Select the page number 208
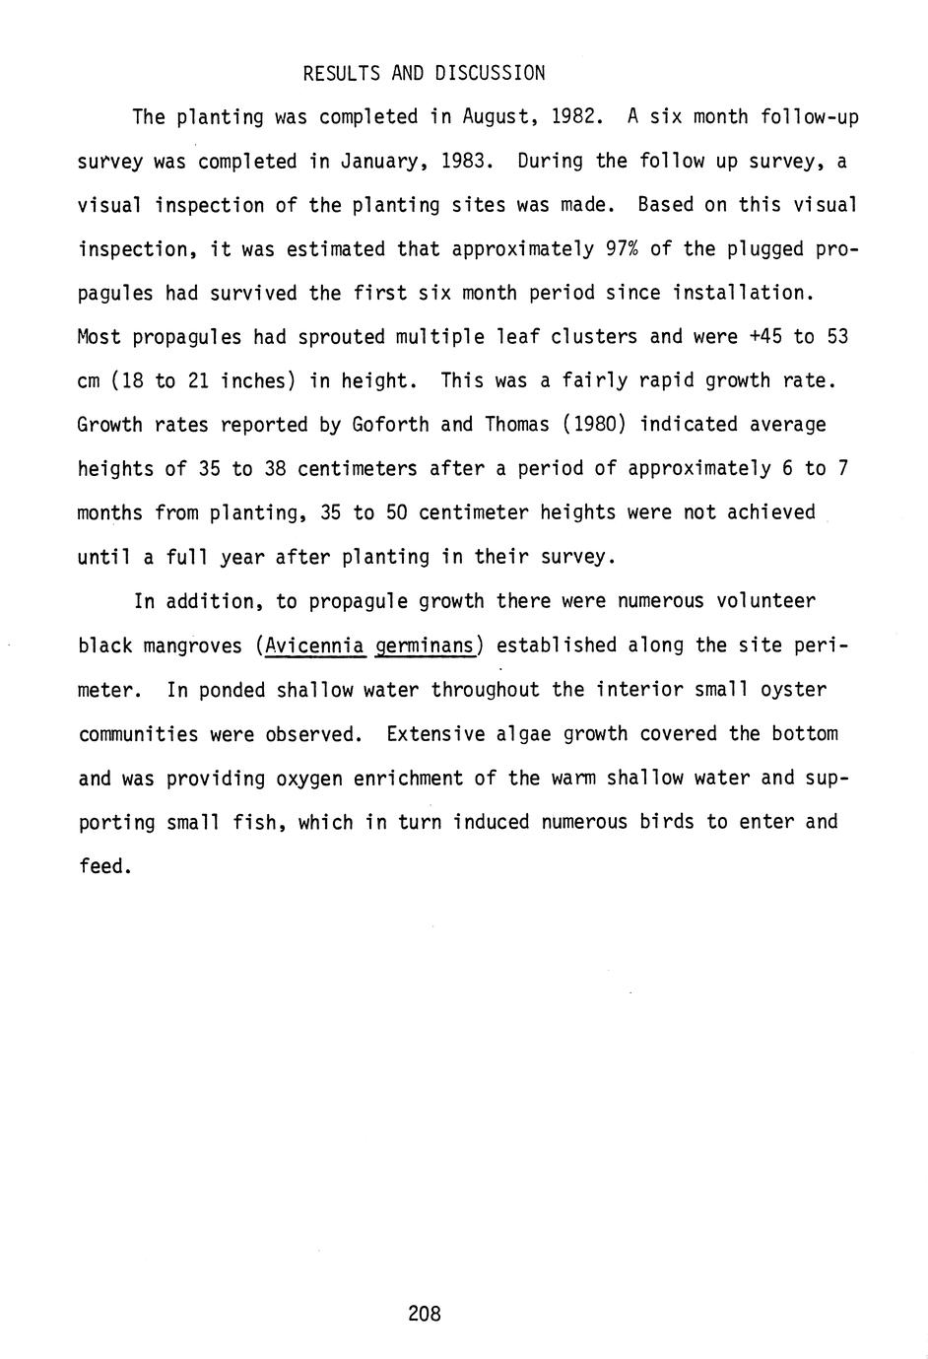click(424, 1314)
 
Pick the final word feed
click(102, 866)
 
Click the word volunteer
click(765, 601)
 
